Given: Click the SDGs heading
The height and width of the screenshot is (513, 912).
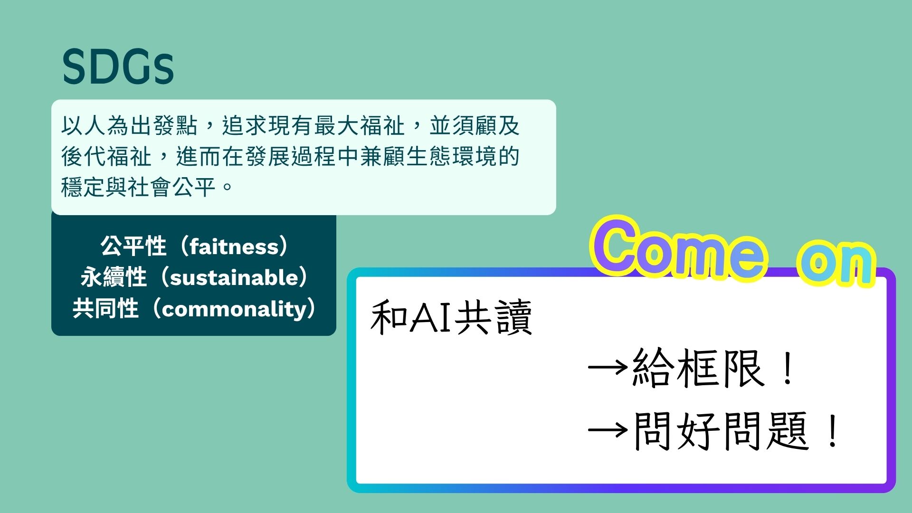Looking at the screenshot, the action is (118, 67).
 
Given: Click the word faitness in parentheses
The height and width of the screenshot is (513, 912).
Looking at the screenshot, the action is (234, 247).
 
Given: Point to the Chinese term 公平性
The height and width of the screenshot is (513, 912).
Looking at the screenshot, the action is (133, 247).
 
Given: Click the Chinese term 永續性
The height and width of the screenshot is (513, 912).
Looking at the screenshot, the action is (114, 277).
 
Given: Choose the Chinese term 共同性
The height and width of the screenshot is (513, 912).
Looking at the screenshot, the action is (105, 309).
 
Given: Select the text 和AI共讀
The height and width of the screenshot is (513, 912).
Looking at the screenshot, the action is (451, 317).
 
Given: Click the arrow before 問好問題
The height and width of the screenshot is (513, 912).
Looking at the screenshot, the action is (608, 430).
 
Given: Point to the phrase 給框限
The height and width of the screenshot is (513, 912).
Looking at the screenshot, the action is (698, 368).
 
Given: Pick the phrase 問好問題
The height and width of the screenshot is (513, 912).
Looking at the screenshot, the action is (721, 431).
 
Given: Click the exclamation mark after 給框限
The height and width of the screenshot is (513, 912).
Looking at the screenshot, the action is (788, 368).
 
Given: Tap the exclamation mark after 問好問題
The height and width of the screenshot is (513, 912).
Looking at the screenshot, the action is (832, 431).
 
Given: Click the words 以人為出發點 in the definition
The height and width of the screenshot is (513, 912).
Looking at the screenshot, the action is (129, 126).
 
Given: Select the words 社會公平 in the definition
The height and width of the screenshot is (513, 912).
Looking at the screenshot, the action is (171, 187).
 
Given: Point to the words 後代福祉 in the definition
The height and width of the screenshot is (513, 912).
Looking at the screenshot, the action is (106, 156).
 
